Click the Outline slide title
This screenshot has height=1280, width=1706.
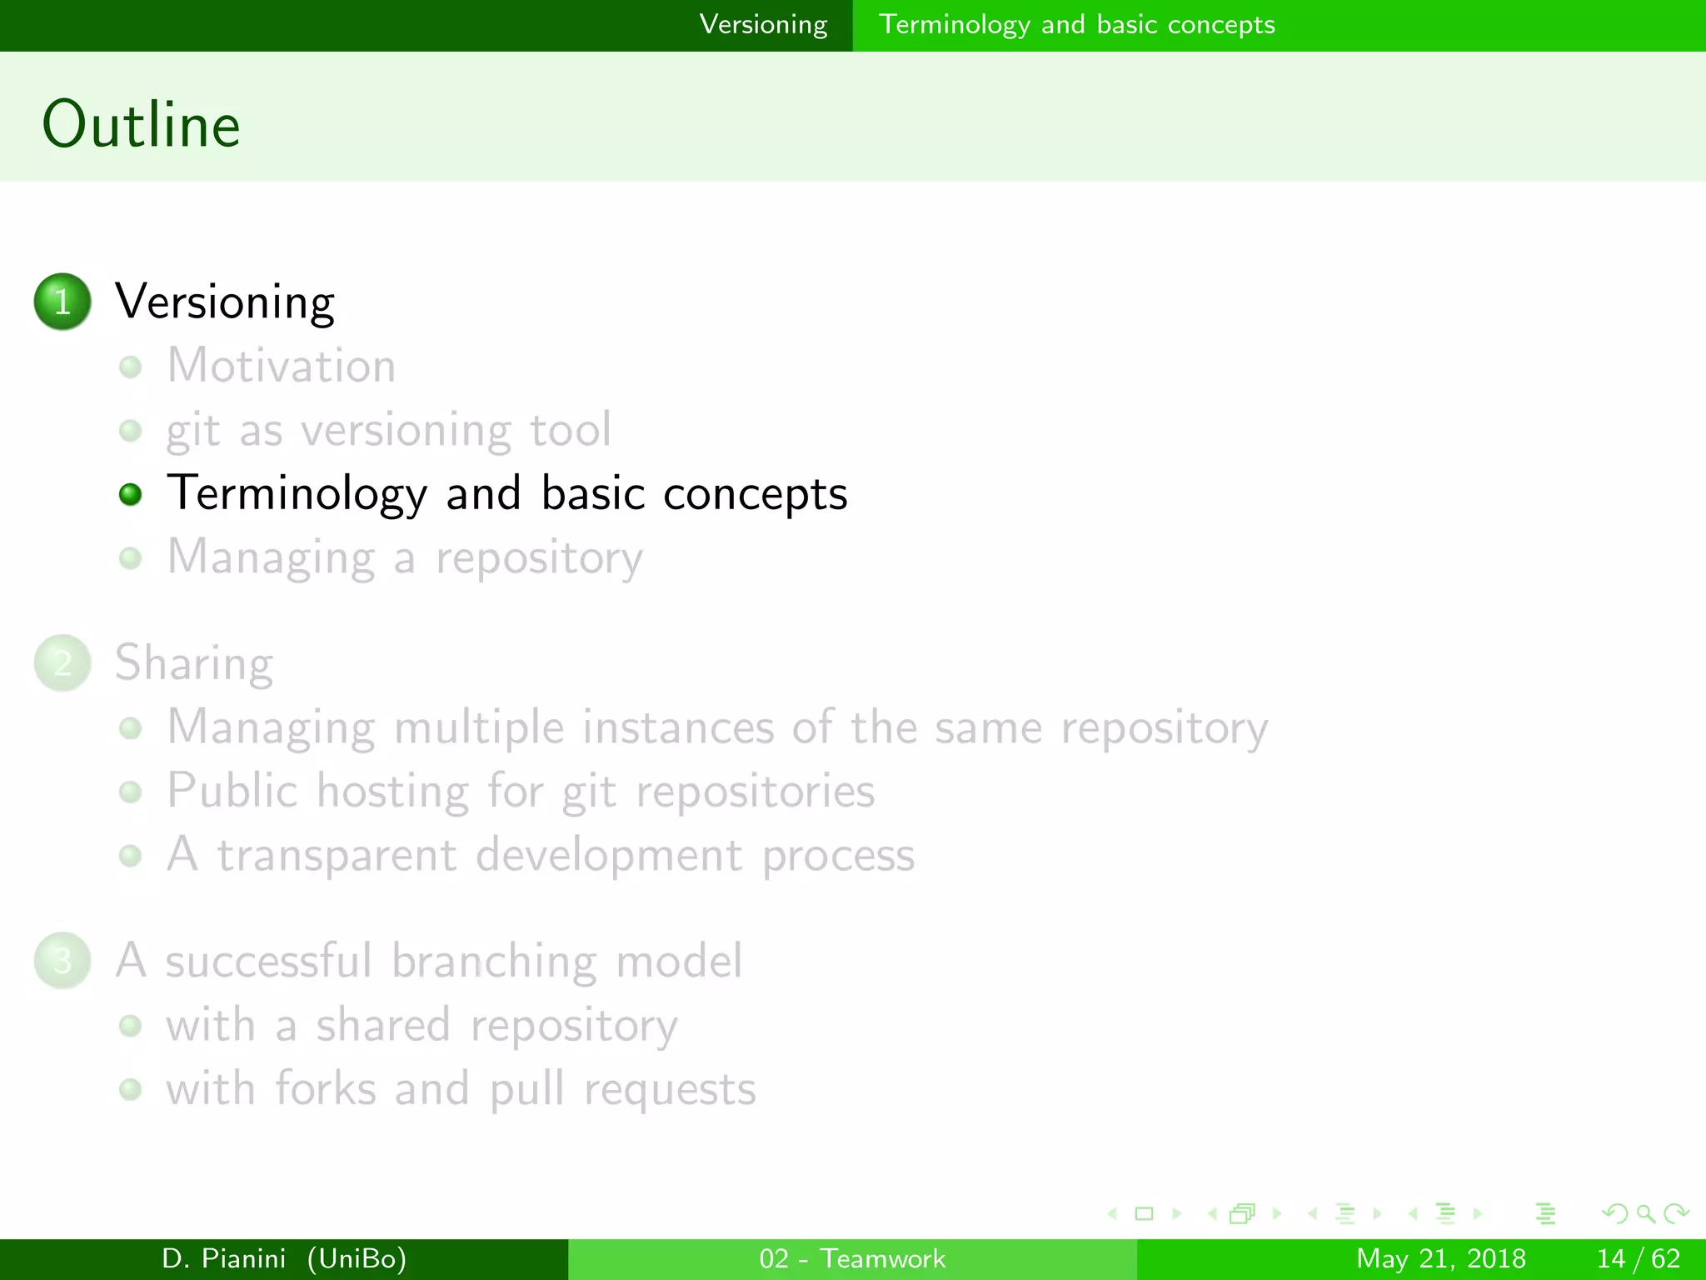(x=142, y=124)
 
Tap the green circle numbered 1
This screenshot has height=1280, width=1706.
(x=62, y=302)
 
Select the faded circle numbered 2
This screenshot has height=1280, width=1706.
(x=62, y=663)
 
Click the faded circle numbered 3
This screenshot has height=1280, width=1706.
(x=62, y=961)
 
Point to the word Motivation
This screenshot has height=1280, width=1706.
(x=282, y=366)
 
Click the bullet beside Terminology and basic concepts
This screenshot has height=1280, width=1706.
(x=130, y=494)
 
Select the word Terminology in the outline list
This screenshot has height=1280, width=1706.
(x=297, y=494)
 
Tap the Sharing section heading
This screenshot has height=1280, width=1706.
(x=194, y=663)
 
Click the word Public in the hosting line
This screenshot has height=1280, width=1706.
(x=232, y=790)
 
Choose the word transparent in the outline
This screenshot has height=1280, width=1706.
(x=337, y=856)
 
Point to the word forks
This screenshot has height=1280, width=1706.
(x=326, y=1089)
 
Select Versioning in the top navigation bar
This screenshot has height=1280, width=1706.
(x=763, y=25)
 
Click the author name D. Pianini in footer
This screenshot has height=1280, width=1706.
(x=223, y=1258)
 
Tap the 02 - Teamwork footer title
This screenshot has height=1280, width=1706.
(x=852, y=1258)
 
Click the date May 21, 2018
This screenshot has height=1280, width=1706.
(x=1441, y=1258)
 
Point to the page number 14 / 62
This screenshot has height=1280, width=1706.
(x=1638, y=1258)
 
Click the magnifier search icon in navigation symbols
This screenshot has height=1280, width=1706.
(x=1645, y=1214)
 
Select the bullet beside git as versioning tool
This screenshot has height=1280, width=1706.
(x=130, y=431)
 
